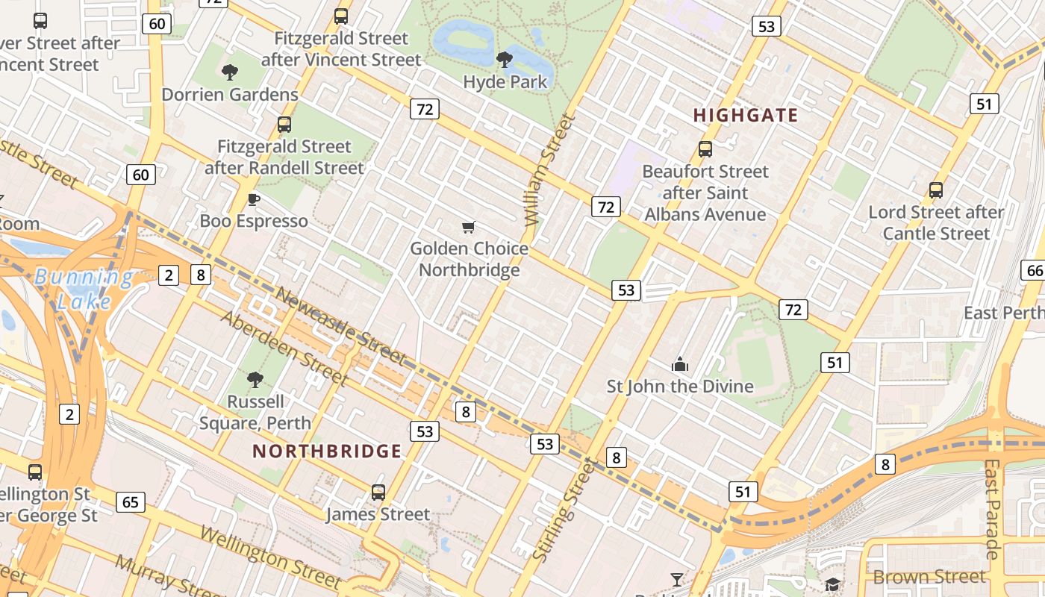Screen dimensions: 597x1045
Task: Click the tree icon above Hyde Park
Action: (505, 59)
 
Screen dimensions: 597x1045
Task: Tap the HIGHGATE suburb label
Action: (746, 115)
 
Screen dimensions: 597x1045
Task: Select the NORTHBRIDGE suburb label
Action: (327, 451)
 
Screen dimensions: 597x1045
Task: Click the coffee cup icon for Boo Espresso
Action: (254, 199)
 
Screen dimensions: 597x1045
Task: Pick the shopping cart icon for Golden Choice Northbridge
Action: (469, 227)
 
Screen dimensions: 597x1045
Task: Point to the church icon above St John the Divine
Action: (679, 365)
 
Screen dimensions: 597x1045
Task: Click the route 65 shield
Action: (131, 501)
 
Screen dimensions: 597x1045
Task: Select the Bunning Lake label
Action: (84, 289)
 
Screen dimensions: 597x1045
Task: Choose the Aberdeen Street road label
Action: (285, 348)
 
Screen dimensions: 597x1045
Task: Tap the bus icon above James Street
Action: (378, 493)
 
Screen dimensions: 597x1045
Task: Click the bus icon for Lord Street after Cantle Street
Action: (936, 190)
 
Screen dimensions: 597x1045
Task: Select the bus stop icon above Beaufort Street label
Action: (705, 149)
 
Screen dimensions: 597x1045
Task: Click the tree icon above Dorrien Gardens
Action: (230, 72)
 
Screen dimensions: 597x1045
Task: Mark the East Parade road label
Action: (991, 508)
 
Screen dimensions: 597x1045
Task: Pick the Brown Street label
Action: (929, 577)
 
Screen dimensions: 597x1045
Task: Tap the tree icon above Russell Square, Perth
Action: (255, 380)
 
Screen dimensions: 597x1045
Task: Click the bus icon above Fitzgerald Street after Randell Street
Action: (284, 125)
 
